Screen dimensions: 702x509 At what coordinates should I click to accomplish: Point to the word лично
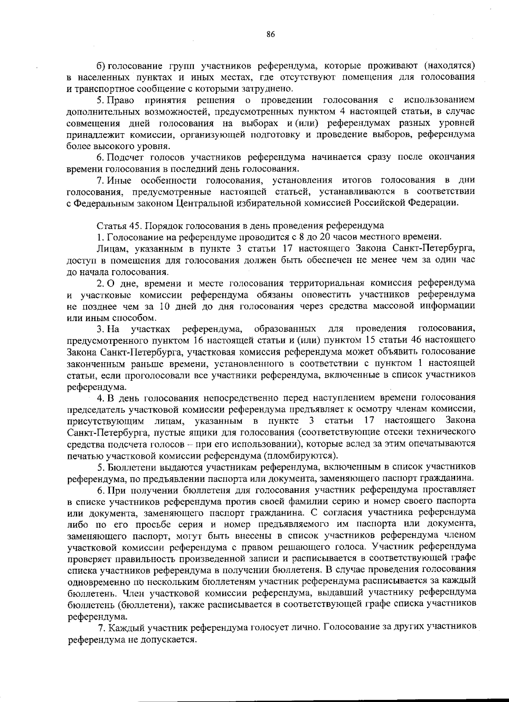[302, 626]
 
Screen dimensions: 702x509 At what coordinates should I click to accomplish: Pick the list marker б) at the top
[101, 66]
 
